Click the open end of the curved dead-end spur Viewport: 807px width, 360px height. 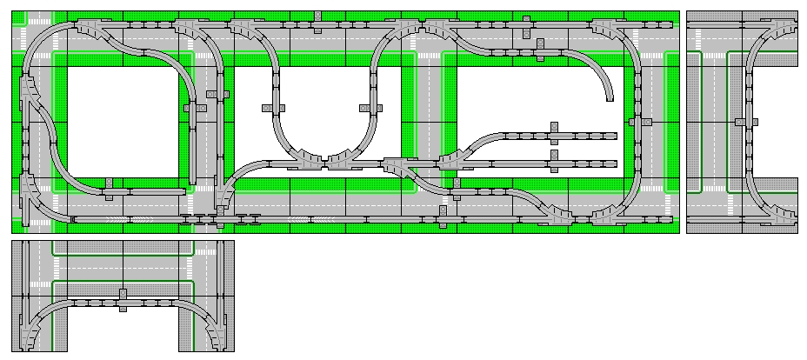610,97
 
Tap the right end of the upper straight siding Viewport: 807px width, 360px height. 614,136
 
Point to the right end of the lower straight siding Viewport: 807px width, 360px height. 614,162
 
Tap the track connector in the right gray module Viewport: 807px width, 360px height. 739,122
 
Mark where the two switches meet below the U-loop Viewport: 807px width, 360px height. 325,161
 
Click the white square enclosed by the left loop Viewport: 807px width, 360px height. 122,122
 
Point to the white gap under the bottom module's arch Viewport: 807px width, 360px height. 122,335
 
